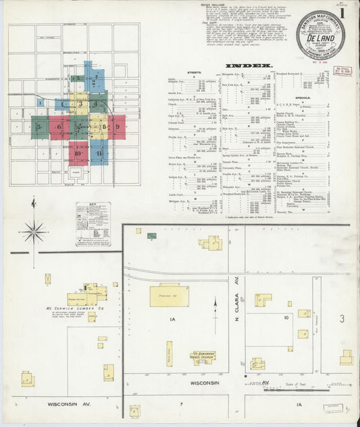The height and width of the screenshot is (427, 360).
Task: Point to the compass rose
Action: pyautogui.click(x=33, y=231)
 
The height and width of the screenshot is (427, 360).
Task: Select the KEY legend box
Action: pyautogui.click(x=93, y=224)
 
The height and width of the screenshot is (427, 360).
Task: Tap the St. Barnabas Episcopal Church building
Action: pyautogui.click(x=202, y=357)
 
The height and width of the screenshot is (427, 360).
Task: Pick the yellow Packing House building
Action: pyautogui.click(x=169, y=295)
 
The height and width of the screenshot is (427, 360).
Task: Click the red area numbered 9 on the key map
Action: pyautogui.click(x=118, y=126)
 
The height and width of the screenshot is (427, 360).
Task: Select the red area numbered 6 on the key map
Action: pyautogui.click(x=59, y=127)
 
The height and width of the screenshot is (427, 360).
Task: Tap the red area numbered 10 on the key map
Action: pyautogui.click(x=78, y=153)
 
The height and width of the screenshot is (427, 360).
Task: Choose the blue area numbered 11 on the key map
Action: pyautogui.click(x=99, y=153)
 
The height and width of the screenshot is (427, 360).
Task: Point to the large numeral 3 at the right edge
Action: pyautogui.click(x=342, y=318)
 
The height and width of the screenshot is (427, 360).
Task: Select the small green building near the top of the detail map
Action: pyautogui.click(x=152, y=236)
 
